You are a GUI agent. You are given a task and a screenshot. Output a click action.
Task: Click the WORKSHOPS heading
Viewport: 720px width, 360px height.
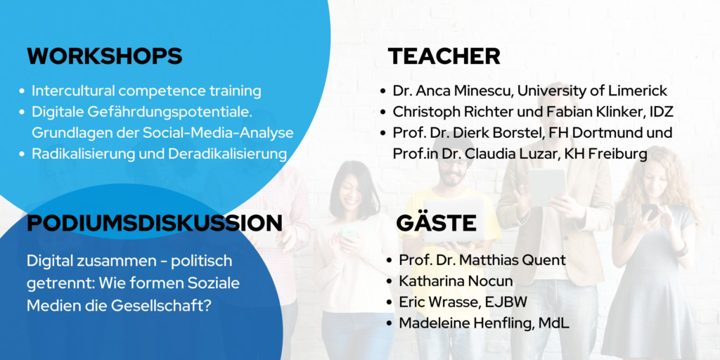click(x=105, y=56)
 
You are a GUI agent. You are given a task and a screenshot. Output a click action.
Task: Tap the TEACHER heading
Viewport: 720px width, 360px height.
click(x=444, y=56)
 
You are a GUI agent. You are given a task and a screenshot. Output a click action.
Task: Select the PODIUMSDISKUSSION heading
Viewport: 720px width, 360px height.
click(x=154, y=223)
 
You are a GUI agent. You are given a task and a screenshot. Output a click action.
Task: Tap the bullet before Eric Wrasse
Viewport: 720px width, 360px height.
click(x=390, y=302)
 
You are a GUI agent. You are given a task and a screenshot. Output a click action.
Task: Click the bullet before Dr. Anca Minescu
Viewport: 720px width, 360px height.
click(x=383, y=91)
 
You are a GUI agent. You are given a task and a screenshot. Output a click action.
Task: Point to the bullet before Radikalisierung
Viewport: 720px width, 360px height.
click(x=22, y=154)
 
